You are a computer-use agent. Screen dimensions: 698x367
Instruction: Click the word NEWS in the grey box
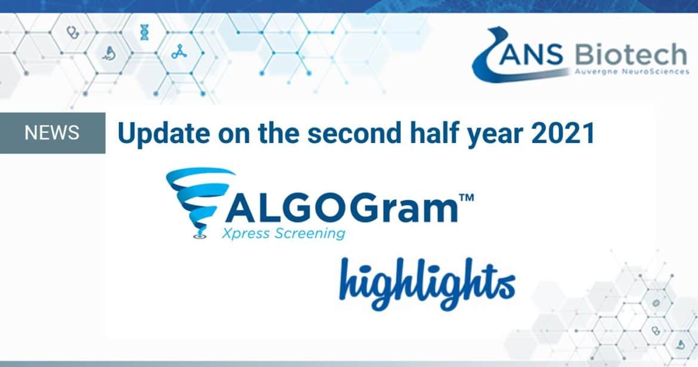click(x=52, y=132)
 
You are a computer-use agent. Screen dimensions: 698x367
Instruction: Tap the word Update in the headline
click(x=163, y=133)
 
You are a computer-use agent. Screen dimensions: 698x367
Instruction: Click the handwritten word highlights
click(x=427, y=284)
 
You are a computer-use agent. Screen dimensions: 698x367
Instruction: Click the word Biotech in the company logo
click(x=631, y=55)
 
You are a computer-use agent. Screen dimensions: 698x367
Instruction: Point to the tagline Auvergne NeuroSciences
click(x=632, y=71)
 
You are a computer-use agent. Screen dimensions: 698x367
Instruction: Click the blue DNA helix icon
click(x=144, y=32)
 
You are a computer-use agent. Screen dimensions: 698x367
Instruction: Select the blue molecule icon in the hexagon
click(x=179, y=52)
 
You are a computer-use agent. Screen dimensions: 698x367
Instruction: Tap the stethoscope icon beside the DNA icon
click(x=72, y=32)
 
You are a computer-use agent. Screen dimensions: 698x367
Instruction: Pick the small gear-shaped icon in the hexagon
click(x=655, y=303)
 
